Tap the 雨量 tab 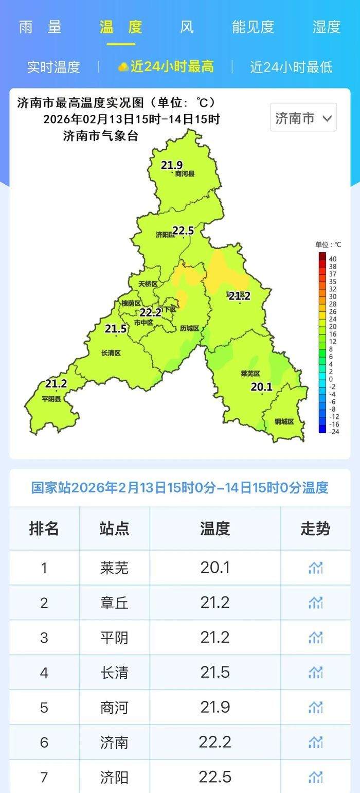(40, 27)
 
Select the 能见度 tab (253, 27)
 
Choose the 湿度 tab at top (327, 27)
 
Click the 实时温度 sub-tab (53, 67)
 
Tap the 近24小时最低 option (291, 67)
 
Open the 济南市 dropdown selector (303, 118)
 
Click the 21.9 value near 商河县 (172, 165)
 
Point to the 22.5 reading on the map (183, 231)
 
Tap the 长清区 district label (111, 353)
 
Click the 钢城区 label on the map (284, 421)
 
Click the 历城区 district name (189, 329)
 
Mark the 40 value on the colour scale (333, 258)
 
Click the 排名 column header (44, 528)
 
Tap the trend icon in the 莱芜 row (315, 568)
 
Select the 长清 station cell (114, 673)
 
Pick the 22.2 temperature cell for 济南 (215, 742)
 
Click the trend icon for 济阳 (315, 777)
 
